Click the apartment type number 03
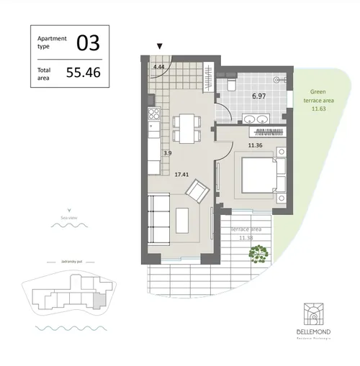pos(88,42)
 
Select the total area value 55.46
pos(83,72)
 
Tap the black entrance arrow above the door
pos(160,47)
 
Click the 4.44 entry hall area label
pos(159,67)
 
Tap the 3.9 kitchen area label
pos(167,153)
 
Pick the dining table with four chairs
pos(187,128)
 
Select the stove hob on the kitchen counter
pos(153,113)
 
